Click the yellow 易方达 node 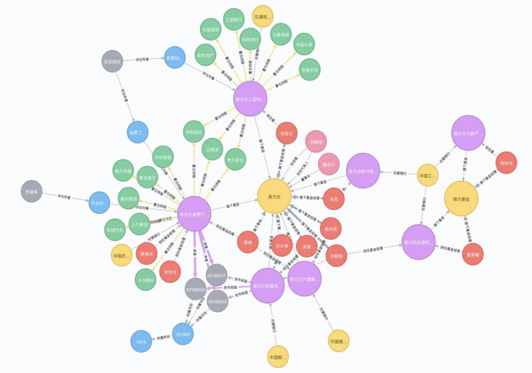[x=274, y=197]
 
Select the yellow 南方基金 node [x=461, y=199]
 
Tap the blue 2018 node [x=141, y=342]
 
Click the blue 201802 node [x=183, y=334]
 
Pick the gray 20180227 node [x=216, y=275]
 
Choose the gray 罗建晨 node [x=31, y=191]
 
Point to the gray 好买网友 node [x=113, y=62]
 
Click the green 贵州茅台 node [x=235, y=160]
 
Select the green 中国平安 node [x=310, y=70]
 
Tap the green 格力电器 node [x=123, y=170]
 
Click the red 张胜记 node [x=287, y=133]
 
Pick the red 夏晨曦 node [x=473, y=255]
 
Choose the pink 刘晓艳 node [x=316, y=142]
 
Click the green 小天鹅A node [x=145, y=280]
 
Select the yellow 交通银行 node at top [x=263, y=17]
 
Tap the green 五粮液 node [x=212, y=149]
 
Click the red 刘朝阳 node [x=336, y=256]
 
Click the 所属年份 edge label [x=164, y=337]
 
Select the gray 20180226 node [x=217, y=301]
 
